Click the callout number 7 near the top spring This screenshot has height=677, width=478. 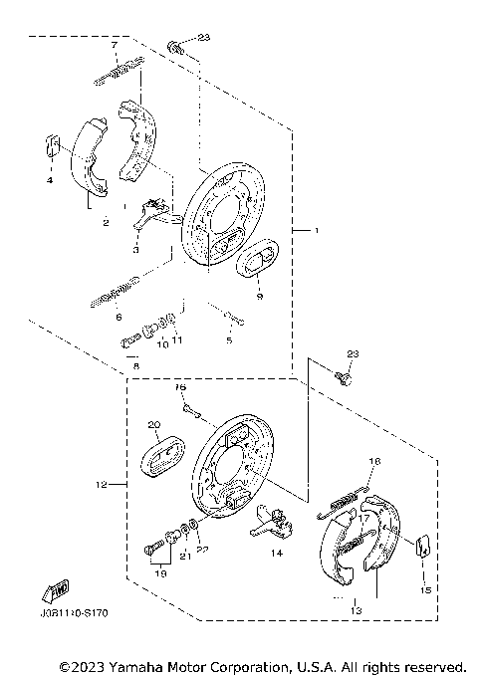point(116,47)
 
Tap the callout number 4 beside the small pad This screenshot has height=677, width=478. point(47,180)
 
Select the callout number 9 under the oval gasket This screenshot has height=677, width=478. point(257,296)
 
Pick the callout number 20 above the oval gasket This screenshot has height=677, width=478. point(154,424)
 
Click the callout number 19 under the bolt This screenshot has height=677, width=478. point(158,573)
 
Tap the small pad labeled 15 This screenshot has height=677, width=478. point(422,545)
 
